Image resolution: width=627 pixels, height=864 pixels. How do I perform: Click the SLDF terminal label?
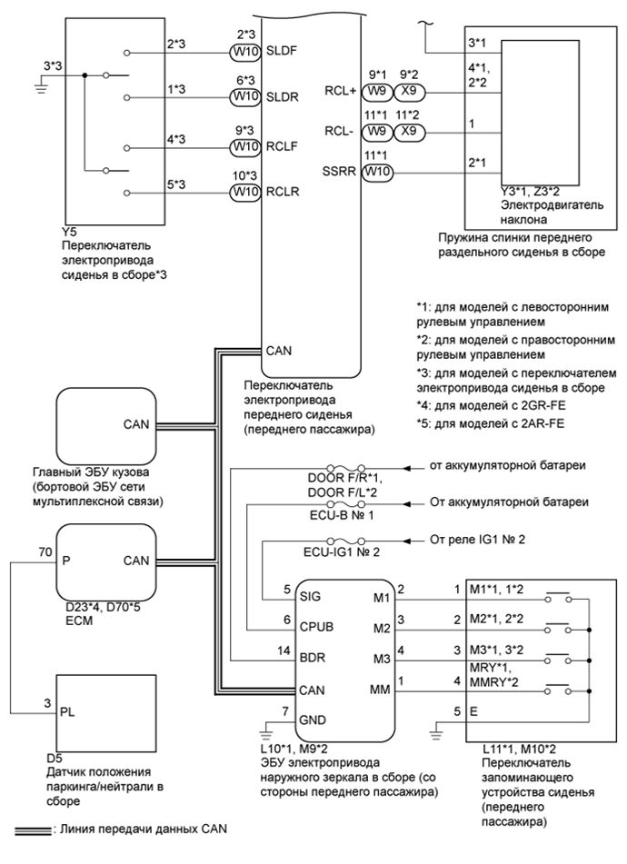click(x=282, y=51)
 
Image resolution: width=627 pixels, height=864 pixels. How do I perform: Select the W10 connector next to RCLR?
click(x=244, y=192)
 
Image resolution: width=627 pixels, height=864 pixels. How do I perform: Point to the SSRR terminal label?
click(x=339, y=172)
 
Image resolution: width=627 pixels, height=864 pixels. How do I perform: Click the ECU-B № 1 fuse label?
click(x=341, y=516)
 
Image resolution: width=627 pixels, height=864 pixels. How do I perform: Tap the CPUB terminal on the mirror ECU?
click(x=316, y=627)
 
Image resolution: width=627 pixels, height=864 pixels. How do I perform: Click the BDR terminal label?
click(x=312, y=658)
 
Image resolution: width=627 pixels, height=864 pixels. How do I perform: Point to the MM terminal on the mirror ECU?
click(x=381, y=690)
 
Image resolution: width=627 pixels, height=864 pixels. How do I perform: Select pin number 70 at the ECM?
click(x=45, y=551)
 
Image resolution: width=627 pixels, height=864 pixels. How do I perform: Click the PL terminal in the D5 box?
click(x=67, y=712)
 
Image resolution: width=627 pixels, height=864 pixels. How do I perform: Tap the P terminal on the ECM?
click(x=66, y=561)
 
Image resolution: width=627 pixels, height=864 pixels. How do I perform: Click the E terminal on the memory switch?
click(x=473, y=712)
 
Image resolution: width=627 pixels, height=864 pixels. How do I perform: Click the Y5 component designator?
click(x=69, y=233)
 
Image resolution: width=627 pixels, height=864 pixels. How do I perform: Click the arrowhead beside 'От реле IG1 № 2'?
click(x=409, y=540)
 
